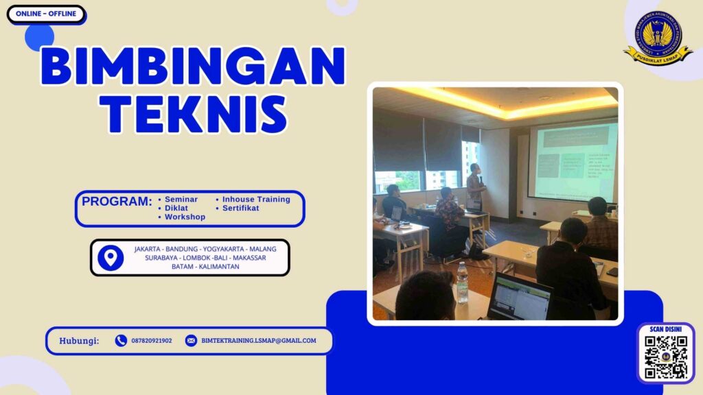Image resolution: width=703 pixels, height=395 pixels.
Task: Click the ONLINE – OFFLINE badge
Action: [46, 14]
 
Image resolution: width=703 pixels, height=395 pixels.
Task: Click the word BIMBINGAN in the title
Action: [192, 67]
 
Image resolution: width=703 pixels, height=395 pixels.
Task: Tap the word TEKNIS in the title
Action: [193, 114]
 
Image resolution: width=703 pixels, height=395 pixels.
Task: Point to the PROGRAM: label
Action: [117, 202]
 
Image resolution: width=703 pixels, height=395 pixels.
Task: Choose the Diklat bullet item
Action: [176, 208]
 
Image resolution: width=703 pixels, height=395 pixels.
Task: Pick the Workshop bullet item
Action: [185, 217]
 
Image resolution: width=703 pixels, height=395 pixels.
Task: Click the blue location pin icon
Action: [111, 258]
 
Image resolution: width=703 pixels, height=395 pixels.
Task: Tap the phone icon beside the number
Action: [121, 340]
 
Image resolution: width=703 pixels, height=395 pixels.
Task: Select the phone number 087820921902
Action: [152, 340]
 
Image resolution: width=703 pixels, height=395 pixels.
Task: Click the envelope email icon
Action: [191, 340]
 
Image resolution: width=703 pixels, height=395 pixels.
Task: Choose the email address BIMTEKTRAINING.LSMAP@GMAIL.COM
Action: [259, 340]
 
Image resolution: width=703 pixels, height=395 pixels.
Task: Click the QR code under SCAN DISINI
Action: [666, 357]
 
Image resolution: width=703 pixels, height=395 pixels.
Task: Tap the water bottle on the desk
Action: [462, 283]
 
